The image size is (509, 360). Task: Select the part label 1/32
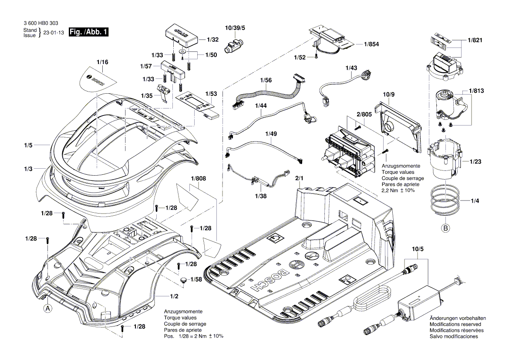pos(212,40)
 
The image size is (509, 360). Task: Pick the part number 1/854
pos(370,44)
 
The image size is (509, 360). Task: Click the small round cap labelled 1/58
pos(184,279)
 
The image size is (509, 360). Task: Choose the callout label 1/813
pos(476,91)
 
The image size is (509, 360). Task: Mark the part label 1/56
pos(266,81)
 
